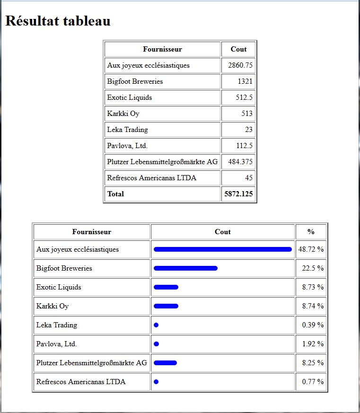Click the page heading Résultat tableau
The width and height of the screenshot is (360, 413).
tap(58, 21)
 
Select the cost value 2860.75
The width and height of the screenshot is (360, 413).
tap(240, 65)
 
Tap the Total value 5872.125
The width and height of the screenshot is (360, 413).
tap(238, 194)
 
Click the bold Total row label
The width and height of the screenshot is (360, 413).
tap(115, 194)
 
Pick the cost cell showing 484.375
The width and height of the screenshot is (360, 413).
tap(240, 161)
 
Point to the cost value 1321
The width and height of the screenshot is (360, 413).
tap(245, 81)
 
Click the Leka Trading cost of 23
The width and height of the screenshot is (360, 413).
tap(249, 129)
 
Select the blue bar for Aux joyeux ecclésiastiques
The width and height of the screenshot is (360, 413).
tap(222, 249)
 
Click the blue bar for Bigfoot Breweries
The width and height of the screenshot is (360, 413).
tap(185, 268)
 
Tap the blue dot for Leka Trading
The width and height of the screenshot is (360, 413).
tap(156, 325)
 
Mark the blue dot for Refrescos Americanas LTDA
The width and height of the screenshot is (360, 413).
tap(156, 382)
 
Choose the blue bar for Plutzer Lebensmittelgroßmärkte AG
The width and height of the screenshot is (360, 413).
tap(165, 363)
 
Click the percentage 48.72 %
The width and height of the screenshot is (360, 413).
tap(311, 249)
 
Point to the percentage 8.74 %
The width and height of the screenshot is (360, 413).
tap(313, 306)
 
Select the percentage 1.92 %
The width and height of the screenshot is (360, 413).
tap(313, 344)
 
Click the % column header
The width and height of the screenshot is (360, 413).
tap(311, 231)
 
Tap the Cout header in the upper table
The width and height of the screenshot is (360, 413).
tap(238, 49)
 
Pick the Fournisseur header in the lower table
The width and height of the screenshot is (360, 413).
tap(92, 232)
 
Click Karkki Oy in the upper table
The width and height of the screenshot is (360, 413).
tap(123, 114)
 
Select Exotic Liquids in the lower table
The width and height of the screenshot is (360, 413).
tap(59, 287)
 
